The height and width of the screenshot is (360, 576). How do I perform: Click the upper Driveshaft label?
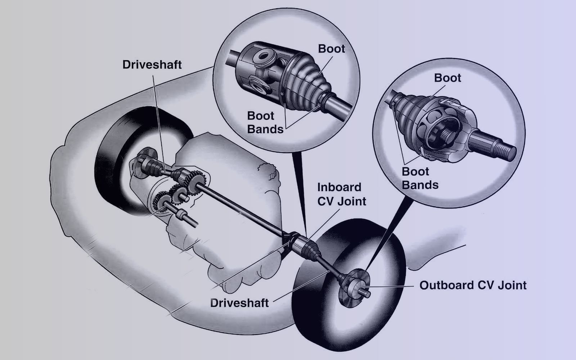click(152, 64)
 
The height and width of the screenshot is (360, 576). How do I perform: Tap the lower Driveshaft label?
click(239, 303)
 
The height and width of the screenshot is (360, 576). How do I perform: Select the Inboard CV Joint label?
click(342, 194)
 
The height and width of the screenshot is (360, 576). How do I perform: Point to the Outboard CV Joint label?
click(473, 285)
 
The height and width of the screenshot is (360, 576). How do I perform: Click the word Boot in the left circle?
click(332, 49)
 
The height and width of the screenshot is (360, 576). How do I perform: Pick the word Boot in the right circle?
click(447, 78)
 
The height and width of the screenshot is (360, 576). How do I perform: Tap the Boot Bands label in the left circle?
click(265, 122)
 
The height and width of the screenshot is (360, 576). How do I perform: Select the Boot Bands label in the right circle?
click(420, 178)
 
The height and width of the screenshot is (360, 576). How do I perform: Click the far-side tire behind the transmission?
click(139, 159)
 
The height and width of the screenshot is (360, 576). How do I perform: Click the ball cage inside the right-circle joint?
click(437, 129)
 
